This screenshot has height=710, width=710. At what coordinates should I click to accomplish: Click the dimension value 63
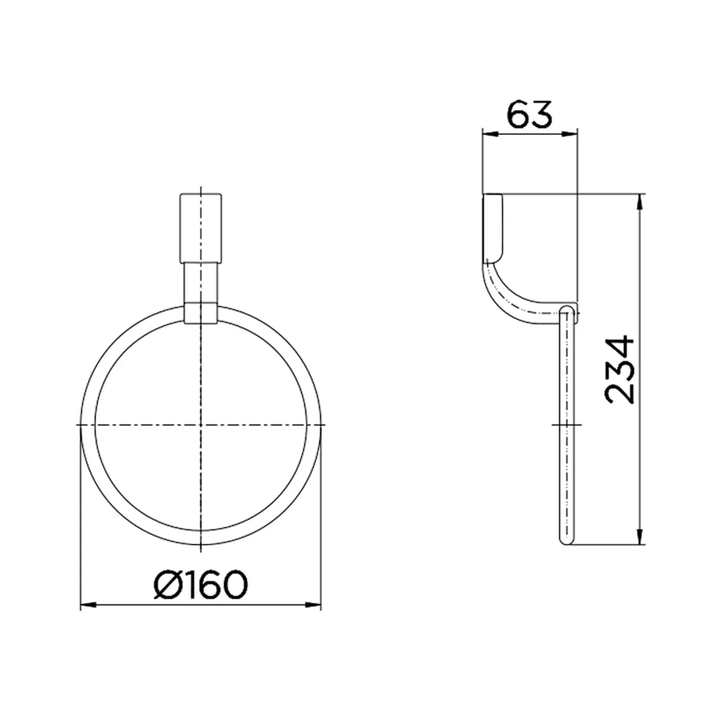[x=530, y=114]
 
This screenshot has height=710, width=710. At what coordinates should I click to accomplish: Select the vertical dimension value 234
[x=619, y=369]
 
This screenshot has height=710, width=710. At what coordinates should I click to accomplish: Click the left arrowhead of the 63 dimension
[x=490, y=134]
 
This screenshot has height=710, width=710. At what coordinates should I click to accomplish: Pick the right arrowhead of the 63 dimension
[x=570, y=134]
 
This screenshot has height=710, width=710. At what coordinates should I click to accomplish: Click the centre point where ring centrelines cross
[x=201, y=425]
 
